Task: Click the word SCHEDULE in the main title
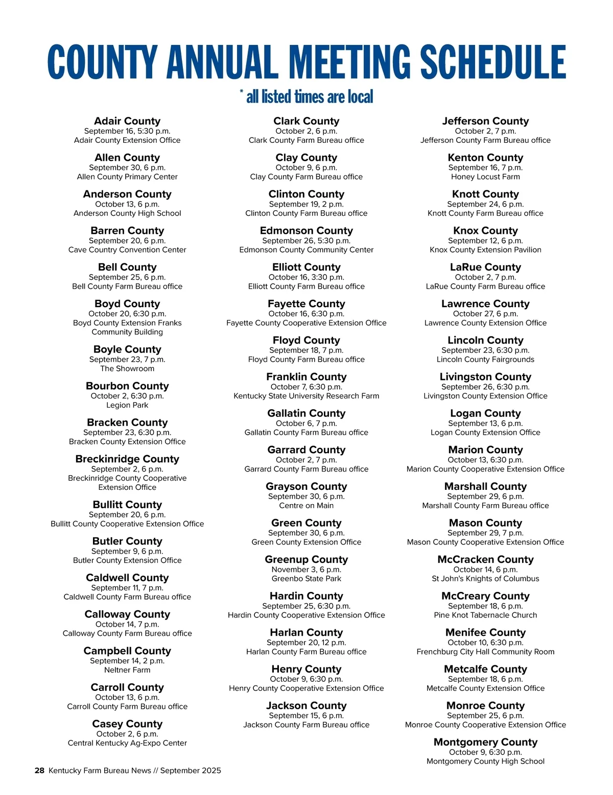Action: point(493,62)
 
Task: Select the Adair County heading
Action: point(127,121)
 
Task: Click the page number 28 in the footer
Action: point(39,771)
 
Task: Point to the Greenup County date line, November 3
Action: point(306,569)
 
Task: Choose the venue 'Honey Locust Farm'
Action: point(485,177)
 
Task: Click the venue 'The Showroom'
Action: point(127,368)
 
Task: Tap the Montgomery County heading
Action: point(485,742)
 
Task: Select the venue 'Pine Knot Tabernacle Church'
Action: point(485,615)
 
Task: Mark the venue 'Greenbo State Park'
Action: point(306,579)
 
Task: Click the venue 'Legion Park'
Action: point(127,405)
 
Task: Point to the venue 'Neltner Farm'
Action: point(127,670)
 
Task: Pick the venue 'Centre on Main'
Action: point(306,506)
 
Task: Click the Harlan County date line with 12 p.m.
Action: point(306,642)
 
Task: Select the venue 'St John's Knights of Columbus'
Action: point(485,579)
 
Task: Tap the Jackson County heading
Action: point(306,706)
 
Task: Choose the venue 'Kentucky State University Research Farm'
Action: point(306,396)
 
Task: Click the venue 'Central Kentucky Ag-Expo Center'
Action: point(127,743)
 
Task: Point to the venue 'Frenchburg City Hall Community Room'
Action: point(485,652)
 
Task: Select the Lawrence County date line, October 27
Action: point(485,314)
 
